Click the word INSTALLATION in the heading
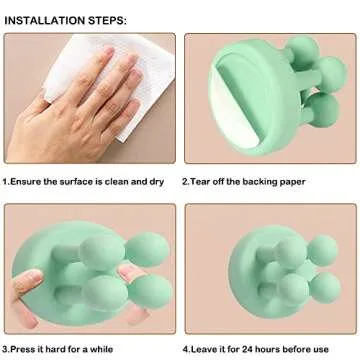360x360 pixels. (48, 19)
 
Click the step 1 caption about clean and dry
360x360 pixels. (87, 182)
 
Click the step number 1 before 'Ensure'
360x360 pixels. (6, 182)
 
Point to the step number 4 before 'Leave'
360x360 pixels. (185, 348)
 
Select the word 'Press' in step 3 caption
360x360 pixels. (24, 348)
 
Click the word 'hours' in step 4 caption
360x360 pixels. (275, 348)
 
